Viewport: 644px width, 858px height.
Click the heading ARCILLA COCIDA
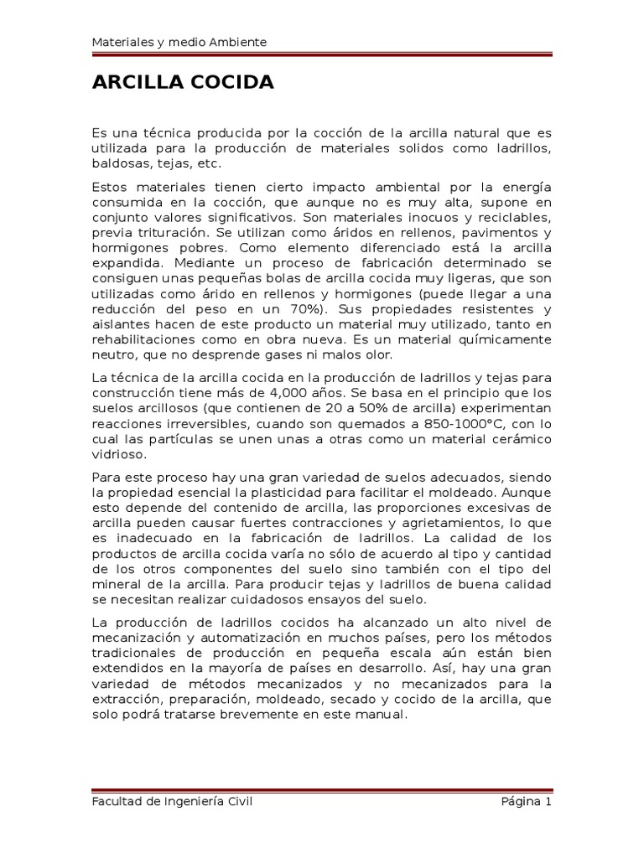(x=183, y=83)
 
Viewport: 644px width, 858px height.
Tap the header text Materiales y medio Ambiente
(x=179, y=43)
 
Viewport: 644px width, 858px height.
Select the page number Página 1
(x=526, y=801)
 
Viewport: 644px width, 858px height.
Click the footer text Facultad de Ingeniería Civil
(x=172, y=801)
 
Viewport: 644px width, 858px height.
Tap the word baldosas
(x=117, y=163)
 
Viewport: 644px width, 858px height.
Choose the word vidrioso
(x=117, y=454)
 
